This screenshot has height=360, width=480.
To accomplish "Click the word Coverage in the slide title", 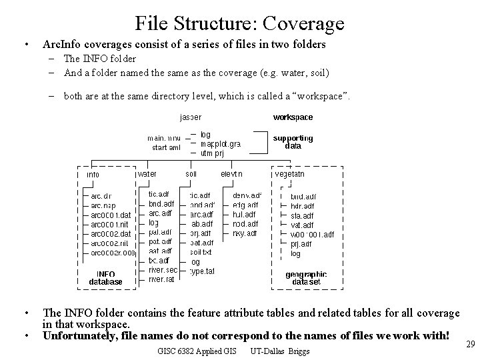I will coord(303,24).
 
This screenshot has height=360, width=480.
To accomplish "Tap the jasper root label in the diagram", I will coord(190,117).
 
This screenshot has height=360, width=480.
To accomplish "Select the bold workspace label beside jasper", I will coord(293,117).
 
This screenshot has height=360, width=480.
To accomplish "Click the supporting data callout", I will coord(293,142).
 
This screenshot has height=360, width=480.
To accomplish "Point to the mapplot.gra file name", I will coord(221,143).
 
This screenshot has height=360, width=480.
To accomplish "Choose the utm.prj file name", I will coord(212,153).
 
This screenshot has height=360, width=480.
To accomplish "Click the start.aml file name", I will coord(166,148).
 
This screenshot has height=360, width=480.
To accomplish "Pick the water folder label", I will coord(147,174).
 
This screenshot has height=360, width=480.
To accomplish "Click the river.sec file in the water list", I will coord(163,270).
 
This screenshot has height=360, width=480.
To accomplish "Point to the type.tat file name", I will coord(202,271).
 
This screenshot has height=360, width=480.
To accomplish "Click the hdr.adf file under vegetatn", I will coord(302,207).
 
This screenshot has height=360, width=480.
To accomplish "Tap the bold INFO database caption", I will coord(106,277).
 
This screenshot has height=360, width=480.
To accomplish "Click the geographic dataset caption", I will coord(306,277).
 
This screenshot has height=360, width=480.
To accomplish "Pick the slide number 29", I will coord(469,343).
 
